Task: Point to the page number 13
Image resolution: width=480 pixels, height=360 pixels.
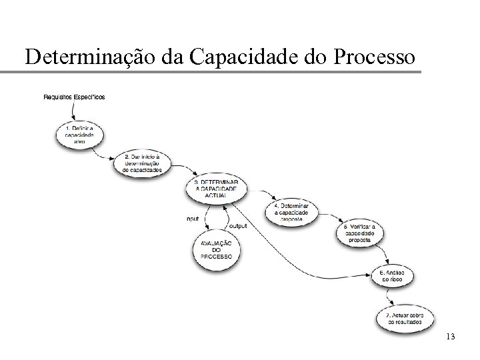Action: (450, 337)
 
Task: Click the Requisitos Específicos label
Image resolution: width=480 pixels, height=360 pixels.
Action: (74, 97)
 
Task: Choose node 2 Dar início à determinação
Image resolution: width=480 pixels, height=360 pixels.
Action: (143, 163)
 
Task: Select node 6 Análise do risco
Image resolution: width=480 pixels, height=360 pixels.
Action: (396, 275)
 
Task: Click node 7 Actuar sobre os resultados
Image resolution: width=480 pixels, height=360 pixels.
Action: (404, 317)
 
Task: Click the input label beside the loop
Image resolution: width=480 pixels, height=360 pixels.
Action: (193, 218)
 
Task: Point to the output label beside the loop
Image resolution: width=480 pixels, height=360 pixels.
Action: (238, 226)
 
